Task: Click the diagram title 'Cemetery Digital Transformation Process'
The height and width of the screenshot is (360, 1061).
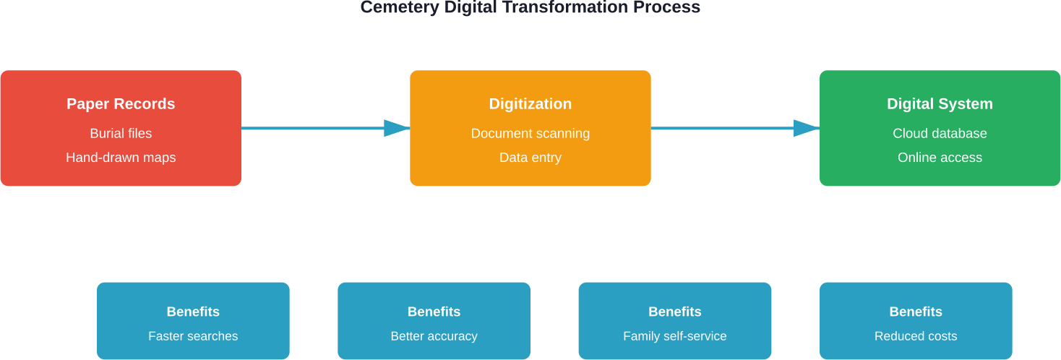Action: pyautogui.click(x=530, y=7)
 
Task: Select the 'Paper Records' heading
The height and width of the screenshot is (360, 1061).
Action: pyautogui.click(x=121, y=104)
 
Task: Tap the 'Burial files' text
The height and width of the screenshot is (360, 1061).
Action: pyautogui.click(x=121, y=134)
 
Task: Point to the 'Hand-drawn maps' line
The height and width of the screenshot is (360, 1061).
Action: pyautogui.click(x=121, y=158)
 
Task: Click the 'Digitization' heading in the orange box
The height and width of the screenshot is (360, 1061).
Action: pyautogui.click(x=530, y=104)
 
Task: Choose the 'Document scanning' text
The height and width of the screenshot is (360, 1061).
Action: pyautogui.click(x=530, y=134)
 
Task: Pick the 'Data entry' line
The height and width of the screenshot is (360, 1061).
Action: pyautogui.click(x=530, y=158)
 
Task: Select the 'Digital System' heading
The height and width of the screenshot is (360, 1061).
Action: pyautogui.click(x=940, y=104)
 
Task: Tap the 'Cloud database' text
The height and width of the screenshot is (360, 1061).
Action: pyautogui.click(x=940, y=134)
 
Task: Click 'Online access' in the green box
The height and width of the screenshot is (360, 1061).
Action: pyautogui.click(x=940, y=158)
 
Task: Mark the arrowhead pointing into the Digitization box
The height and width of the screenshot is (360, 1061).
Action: pyautogui.click(x=397, y=129)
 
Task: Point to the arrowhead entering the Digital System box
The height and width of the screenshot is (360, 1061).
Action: pyautogui.click(x=807, y=129)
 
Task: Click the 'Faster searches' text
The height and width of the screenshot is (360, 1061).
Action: pyautogui.click(x=193, y=336)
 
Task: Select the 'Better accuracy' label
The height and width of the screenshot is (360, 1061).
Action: pyautogui.click(x=434, y=336)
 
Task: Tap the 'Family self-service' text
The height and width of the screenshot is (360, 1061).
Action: pyautogui.click(x=674, y=336)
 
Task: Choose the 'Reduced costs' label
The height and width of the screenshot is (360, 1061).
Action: pyautogui.click(x=916, y=336)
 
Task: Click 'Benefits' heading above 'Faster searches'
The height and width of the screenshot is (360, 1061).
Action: pyautogui.click(x=193, y=312)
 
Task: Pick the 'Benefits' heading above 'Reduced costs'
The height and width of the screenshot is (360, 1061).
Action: pyautogui.click(x=916, y=312)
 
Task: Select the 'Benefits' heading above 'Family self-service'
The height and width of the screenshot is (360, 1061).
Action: pyautogui.click(x=674, y=312)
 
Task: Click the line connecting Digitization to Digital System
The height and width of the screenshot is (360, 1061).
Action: pyautogui.click(x=723, y=129)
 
